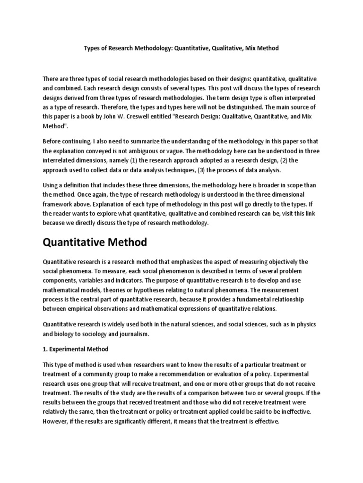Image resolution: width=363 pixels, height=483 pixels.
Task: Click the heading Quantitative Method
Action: point(95,242)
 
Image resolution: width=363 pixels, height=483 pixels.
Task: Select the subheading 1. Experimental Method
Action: point(76,349)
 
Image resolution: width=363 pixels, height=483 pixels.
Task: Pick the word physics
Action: point(303,325)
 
